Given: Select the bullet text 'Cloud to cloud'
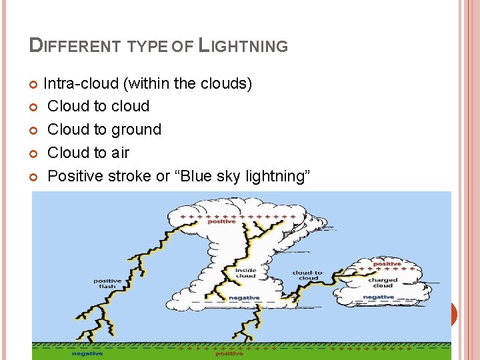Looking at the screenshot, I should [x=99, y=106].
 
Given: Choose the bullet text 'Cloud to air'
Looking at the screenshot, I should [x=89, y=153].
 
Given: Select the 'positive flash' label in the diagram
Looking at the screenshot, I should [x=107, y=283].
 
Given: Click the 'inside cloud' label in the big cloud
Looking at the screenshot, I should [x=245, y=273].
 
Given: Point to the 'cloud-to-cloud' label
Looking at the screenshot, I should [x=308, y=275].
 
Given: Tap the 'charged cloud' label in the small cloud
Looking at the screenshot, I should [x=383, y=283].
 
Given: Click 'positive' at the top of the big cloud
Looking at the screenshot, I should [x=221, y=221].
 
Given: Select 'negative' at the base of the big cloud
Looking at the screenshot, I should [x=244, y=297].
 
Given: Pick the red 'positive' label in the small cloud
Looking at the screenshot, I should [x=387, y=264].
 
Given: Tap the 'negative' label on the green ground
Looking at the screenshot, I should [x=87, y=353].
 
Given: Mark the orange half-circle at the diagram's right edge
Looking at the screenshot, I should [x=454, y=314].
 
